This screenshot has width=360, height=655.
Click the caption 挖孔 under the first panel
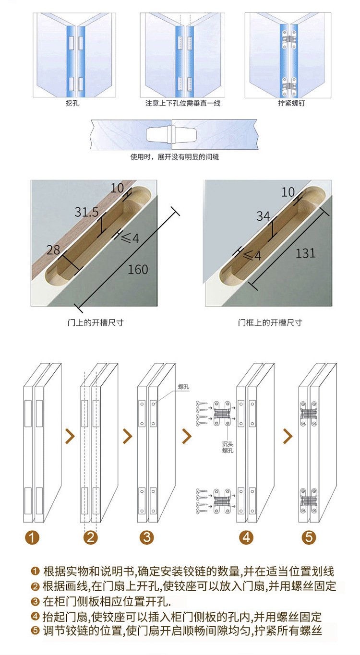click(x=72, y=103)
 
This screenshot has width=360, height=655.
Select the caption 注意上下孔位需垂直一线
click(x=183, y=103)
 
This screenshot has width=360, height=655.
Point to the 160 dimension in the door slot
click(x=138, y=269)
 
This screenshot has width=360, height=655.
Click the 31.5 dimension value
click(x=87, y=212)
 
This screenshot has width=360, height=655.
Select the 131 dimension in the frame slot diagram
click(x=305, y=252)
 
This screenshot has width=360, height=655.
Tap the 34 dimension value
click(x=263, y=216)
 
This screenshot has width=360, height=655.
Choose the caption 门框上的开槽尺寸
click(x=270, y=322)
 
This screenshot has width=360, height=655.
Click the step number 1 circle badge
click(x=33, y=537)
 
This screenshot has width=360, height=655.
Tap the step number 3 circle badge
click(x=147, y=537)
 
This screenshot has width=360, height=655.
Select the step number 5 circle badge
click(x=308, y=537)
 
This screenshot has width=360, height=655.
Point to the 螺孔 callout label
click(x=183, y=387)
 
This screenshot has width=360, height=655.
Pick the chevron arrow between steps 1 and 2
click(x=70, y=436)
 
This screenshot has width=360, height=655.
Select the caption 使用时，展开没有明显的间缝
click(x=175, y=157)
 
